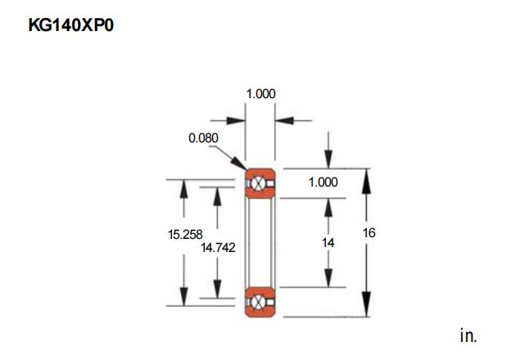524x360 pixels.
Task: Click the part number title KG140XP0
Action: tap(71, 25)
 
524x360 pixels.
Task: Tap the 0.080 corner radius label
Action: tap(203, 138)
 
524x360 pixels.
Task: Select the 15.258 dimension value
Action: tap(185, 235)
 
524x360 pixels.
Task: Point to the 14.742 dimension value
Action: tap(218, 247)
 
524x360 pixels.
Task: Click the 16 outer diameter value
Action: tap(369, 232)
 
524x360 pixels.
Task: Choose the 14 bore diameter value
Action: tap(327, 242)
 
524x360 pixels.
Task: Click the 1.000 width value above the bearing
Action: tap(260, 94)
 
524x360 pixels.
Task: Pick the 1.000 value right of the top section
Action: tap(323, 182)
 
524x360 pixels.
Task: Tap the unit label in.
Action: tap(468, 335)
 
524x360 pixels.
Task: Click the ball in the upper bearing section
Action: tap(258, 183)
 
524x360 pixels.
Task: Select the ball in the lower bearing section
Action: tap(258, 302)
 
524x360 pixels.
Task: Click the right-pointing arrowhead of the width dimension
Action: tap(236, 120)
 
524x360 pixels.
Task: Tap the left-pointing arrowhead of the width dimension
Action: tap(284, 120)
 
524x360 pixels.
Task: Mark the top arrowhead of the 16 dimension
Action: tap(367, 181)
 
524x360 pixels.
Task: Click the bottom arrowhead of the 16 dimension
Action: tap(367, 304)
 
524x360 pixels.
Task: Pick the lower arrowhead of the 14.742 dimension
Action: tap(217, 289)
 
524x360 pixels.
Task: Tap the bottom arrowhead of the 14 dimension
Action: tap(328, 278)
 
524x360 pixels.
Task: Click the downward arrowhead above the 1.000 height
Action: tap(328, 160)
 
